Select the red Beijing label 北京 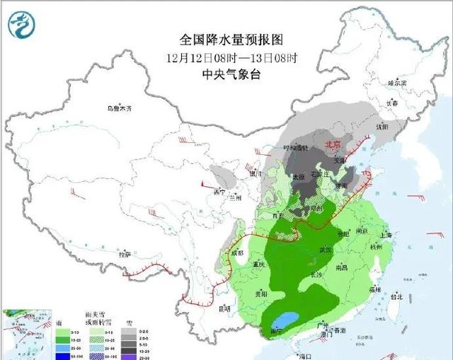pos(333,144)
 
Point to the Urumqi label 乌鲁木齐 pos(120,109)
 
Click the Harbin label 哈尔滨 pos(398,83)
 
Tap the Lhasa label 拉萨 pos(125,254)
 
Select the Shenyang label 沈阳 pos(383,128)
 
